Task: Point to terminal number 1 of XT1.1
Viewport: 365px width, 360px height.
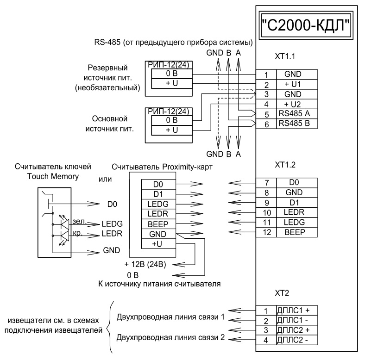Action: pyautogui.click(x=265, y=74)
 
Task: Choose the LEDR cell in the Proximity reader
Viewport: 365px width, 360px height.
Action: pyautogui.click(x=157, y=214)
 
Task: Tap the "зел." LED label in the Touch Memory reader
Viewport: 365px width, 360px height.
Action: pyautogui.click(x=79, y=223)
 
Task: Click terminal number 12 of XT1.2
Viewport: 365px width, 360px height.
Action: pyautogui.click(x=265, y=232)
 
